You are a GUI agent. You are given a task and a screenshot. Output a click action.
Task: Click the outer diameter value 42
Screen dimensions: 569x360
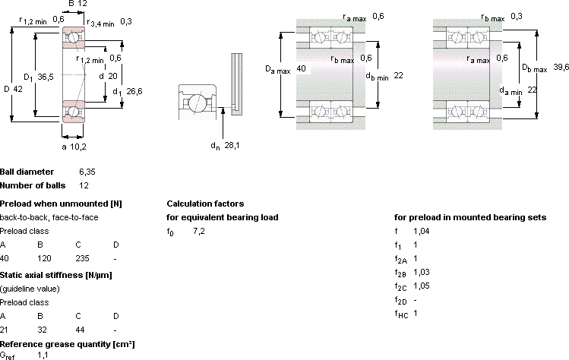tap(17, 89)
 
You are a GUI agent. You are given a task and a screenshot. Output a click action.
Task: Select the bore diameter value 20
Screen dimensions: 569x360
tap(113, 76)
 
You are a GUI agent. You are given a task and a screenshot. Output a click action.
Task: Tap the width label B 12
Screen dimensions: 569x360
tap(77, 4)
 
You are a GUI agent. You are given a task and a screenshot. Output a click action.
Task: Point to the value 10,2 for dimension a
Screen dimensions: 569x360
tap(78, 147)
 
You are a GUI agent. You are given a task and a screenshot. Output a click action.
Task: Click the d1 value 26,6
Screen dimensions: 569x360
tap(134, 91)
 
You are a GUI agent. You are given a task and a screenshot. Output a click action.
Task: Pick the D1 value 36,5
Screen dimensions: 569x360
tap(46, 77)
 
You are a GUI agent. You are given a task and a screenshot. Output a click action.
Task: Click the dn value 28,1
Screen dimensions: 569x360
tap(232, 146)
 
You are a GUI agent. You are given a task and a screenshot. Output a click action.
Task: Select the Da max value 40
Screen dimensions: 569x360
tap(301, 68)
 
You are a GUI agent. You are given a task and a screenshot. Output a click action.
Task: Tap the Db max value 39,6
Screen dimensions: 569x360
tap(561, 67)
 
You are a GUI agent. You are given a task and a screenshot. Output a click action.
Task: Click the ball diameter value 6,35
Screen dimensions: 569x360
tap(87, 172)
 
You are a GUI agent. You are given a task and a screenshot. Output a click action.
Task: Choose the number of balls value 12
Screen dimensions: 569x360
tap(84, 185)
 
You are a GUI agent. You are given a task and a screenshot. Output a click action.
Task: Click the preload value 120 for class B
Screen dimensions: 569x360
tap(44, 258)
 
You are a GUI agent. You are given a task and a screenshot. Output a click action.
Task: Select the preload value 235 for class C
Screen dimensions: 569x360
tap(82, 258)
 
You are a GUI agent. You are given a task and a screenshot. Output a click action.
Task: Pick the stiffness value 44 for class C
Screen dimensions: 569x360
tap(80, 330)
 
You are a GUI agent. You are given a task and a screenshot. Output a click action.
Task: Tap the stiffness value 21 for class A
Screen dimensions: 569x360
tap(4, 330)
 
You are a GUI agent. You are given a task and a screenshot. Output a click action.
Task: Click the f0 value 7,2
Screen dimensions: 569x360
tap(199, 231)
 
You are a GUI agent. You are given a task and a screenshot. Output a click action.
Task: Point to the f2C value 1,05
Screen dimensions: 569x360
tap(422, 286)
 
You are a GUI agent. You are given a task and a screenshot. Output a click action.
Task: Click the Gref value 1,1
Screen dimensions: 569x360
tap(43, 355)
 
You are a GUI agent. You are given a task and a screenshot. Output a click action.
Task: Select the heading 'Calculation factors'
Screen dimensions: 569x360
tap(205, 204)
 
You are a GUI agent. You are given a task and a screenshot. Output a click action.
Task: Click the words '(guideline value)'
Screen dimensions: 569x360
tap(30, 289)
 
